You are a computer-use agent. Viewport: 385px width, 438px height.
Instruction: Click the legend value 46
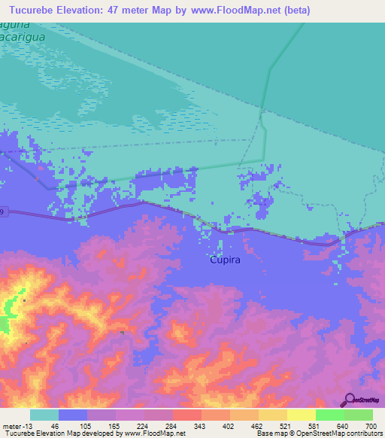[54, 425]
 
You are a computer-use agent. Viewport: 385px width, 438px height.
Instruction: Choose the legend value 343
[199, 425]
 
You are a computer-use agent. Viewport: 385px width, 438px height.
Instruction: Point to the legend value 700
[371, 425]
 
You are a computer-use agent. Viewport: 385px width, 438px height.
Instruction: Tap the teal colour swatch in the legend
[44, 415]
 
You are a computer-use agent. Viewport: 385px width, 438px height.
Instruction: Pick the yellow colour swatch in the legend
[302, 415]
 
